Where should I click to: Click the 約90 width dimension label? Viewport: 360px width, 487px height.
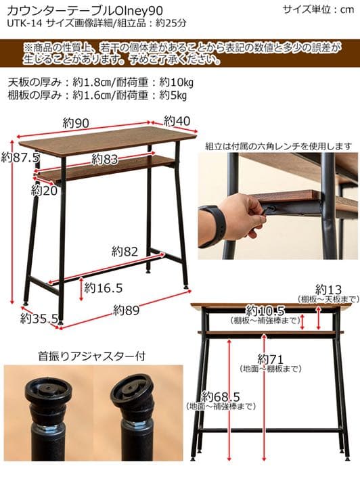[77, 122]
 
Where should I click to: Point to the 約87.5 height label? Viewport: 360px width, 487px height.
[20, 157]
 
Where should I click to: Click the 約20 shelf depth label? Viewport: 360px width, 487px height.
[44, 190]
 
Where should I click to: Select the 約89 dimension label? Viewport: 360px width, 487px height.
[127, 310]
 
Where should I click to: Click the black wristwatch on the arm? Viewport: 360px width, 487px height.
[215, 225]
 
